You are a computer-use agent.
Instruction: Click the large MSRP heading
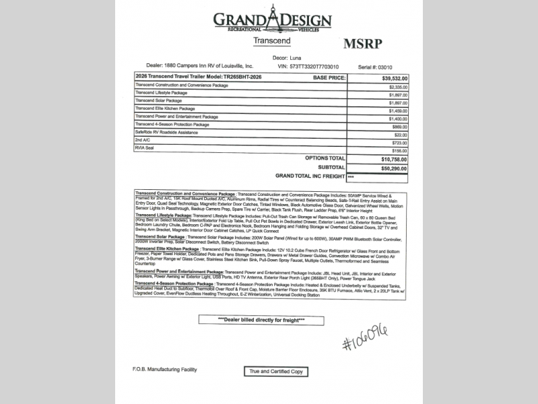point(362,44)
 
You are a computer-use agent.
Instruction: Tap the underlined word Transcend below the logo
point(271,41)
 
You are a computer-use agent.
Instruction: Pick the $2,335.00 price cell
point(398,87)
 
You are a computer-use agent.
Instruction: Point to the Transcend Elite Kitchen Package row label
point(165,108)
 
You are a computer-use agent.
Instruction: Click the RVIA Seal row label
point(145,147)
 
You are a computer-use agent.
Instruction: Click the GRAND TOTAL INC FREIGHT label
point(310,176)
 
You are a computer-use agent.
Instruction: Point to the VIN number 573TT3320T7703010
point(314,67)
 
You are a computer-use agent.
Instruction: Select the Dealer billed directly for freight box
point(261,320)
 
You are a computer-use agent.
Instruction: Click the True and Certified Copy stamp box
point(277,371)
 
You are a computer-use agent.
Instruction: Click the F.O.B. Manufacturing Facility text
point(164,370)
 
